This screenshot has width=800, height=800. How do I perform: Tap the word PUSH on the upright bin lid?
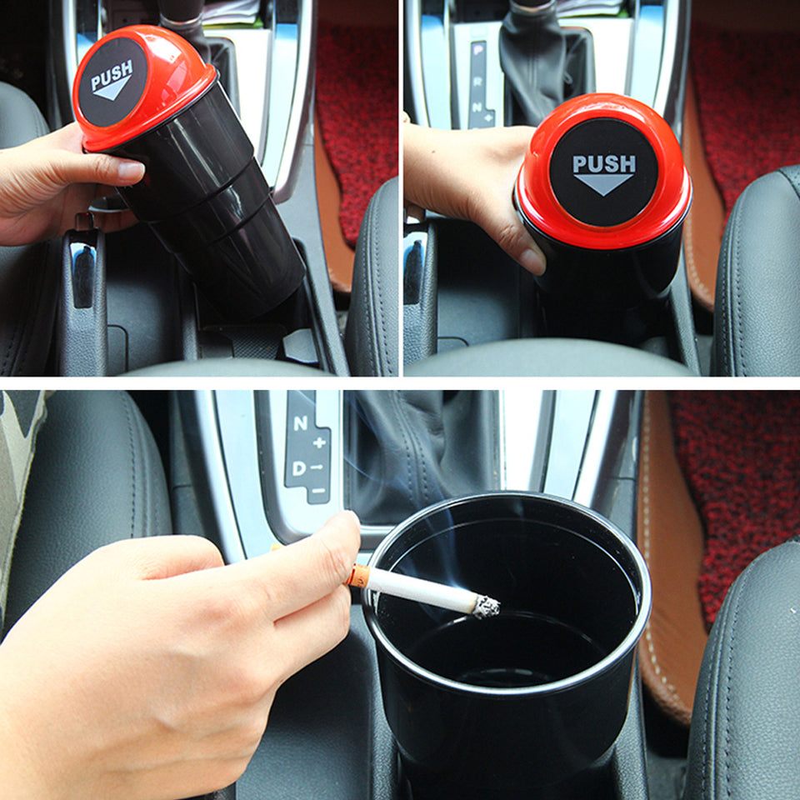click(604, 163)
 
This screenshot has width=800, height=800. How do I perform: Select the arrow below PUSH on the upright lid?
click(603, 184)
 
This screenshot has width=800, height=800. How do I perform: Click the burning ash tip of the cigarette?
click(487, 606)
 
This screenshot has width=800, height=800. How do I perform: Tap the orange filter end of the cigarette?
click(359, 575)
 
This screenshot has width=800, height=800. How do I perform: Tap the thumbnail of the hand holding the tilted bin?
click(131, 170)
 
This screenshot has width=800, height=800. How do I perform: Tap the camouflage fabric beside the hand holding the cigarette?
click(15, 467)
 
